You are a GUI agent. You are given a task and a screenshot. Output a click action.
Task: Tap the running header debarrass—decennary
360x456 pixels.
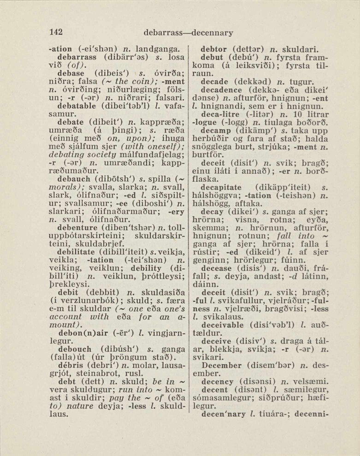pos(188,33)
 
